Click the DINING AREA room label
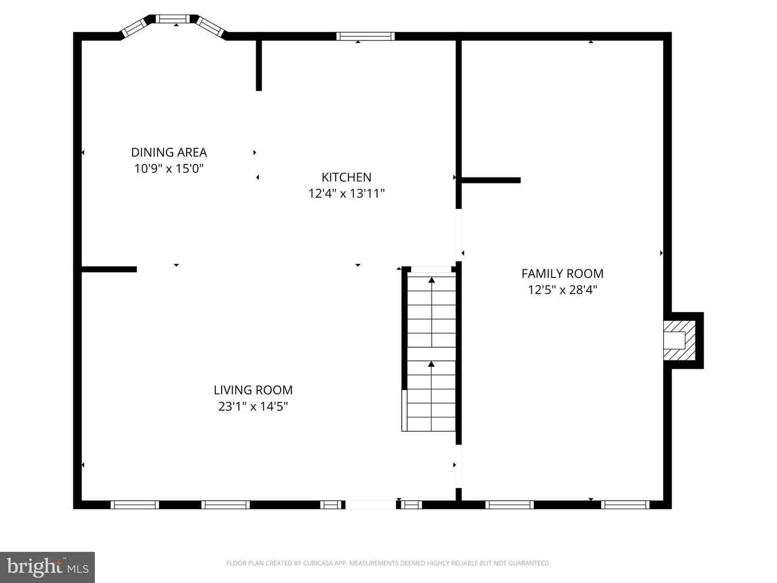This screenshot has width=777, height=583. (x=169, y=153)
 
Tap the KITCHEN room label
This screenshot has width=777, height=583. (x=346, y=177)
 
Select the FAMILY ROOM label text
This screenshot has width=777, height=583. (x=562, y=274)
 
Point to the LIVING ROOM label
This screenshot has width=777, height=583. (x=253, y=390)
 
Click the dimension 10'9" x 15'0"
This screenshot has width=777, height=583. (x=169, y=169)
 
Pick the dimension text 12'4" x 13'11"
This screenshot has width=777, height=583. (x=346, y=193)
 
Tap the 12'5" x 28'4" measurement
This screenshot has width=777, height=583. (x=562, y=290)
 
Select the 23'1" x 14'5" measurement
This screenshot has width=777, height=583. (x=253, y=406)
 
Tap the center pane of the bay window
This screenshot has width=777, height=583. (x=173, y=19)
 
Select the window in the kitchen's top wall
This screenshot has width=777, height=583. (x=365, y=36)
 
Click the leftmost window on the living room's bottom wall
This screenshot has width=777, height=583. (x=135, y=505)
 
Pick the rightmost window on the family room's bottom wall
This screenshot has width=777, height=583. (x=625, y=505)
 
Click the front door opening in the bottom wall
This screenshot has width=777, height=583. (x=370, y=505)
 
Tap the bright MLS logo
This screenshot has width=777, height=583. (x=47, y=567)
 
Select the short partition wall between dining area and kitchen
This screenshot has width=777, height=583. (x=259, y=65)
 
